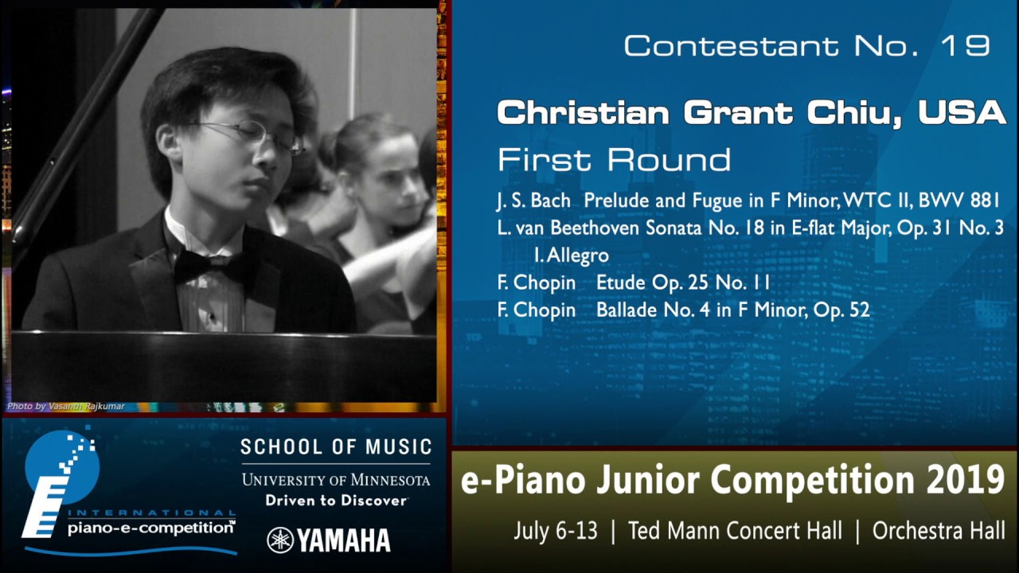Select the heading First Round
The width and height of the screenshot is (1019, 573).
(x=614, y=160)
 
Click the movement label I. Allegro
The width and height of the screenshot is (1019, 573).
(x=572, y=255)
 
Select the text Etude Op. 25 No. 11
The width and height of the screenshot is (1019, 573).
(x=683, y=283)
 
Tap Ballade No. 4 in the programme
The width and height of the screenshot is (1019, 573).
(x=652, y=310)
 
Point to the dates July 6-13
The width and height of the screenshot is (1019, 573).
(x=556, y=531)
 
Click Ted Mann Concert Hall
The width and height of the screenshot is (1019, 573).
(x=735, y=531)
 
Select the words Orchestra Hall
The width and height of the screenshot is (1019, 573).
(x=939, y=531)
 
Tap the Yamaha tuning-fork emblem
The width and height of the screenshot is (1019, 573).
(x=280, y=540)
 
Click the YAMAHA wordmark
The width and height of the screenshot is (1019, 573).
(x=344, y=540)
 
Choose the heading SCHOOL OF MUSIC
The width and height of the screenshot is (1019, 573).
(x=336, y=447)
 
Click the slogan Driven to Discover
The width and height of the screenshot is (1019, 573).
(x=336, y=501)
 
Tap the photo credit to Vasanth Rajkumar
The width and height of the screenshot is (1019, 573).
(x=65, y=407)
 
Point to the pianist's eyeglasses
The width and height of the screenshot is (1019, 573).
(x=255, y=136)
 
